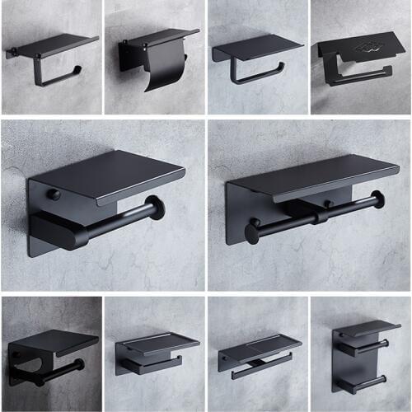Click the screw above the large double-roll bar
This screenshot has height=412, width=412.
327,203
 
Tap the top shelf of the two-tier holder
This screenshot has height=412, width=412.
367,328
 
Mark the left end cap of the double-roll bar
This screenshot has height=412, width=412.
251,233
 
